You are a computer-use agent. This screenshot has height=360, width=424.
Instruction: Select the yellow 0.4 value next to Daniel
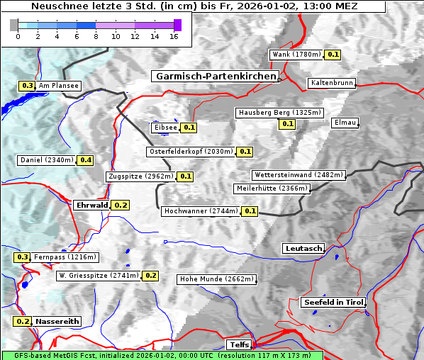coord(86,160)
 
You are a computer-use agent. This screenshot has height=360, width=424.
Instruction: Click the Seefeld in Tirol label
coord(333,302)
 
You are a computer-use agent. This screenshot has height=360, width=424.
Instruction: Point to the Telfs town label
coord(238,344)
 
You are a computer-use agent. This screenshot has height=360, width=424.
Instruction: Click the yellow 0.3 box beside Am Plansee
coord(27,86)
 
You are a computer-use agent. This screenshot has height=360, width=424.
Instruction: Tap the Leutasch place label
coord(303,248)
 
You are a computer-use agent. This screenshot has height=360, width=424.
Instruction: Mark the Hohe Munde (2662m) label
coord(216,279)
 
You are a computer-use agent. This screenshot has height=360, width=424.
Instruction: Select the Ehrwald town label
coord(91,205)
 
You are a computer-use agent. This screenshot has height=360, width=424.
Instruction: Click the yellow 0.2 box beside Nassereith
coord(23,321)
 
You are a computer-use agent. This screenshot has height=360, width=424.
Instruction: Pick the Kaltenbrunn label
coord(331,83)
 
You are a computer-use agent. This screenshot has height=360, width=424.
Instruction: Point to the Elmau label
coord(345,123)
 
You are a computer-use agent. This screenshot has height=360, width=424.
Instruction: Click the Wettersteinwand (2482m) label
coord(299,175)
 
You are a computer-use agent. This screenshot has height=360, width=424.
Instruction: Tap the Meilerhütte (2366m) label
coord(272,189)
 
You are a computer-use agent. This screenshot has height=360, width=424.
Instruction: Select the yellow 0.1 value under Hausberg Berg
coord(286,124)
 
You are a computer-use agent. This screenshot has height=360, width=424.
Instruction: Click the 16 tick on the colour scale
coord(174,36)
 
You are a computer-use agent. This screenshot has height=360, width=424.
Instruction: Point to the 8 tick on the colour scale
coord(96,36)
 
